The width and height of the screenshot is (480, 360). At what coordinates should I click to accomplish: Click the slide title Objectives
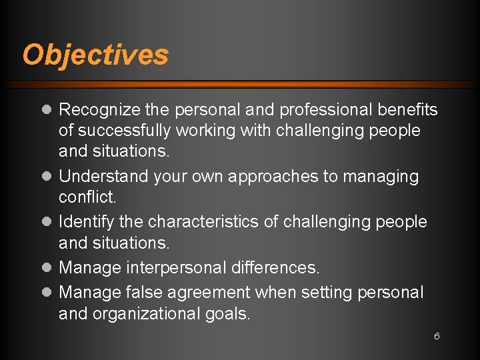point(95,55)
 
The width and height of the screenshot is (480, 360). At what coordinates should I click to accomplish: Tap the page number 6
point(437,336)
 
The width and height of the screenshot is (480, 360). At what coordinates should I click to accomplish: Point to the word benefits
point(408,109)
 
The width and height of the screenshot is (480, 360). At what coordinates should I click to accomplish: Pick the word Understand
point(103,177)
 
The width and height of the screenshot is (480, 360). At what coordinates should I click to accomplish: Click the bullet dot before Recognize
point(47,110)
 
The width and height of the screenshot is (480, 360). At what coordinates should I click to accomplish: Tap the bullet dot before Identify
point(47,221)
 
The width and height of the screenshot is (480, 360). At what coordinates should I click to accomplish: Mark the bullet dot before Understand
point(47,177)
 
